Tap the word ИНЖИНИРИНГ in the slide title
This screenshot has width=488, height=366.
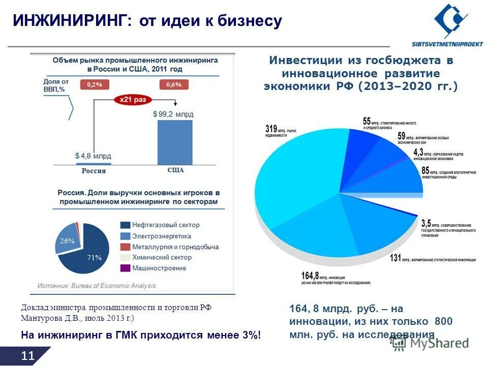tap(69, 20)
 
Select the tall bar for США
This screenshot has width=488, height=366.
tap(175, 142)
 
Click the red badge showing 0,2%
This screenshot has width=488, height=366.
tap(95, 84)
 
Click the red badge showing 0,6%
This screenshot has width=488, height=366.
tap(174, 84)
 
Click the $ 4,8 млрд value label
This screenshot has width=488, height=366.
tap(93, 156)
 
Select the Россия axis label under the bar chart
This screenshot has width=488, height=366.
tap(94, 171)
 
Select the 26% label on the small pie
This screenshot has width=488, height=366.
tap(68, 241)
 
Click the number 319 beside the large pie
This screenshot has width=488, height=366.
tap(271, 129)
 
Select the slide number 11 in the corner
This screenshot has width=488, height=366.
tap(28, 356)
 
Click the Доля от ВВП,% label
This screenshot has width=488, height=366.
tap(55, 85)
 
